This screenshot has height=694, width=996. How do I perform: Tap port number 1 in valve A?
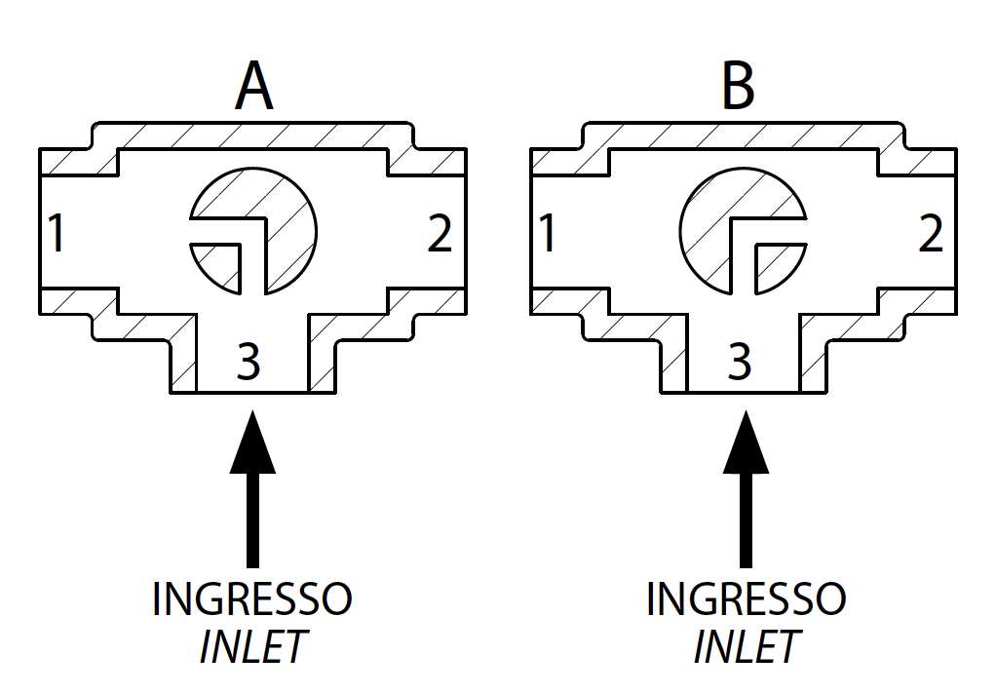[x=57, y=234]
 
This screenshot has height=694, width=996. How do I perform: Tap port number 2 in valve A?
[x=440, y=234]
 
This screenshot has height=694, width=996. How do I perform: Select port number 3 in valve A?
[x=249, y=363]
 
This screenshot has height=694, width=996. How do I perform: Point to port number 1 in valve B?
[x=548, y=234]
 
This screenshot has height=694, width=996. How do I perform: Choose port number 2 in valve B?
[x=931, y=234]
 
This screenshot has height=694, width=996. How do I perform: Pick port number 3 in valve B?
[x=741, y=363]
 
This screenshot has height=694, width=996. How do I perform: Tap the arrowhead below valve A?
[x=252, y=443]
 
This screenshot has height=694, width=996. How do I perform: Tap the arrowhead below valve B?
[x=746, y=443]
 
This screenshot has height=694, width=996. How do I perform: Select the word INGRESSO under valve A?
[x=252, y=598]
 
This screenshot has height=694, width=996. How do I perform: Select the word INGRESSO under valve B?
[x=746, y=598]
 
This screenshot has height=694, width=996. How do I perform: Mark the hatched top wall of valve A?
[x=253, y=135]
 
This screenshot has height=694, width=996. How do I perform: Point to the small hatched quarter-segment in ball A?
[x=221, y=265]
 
